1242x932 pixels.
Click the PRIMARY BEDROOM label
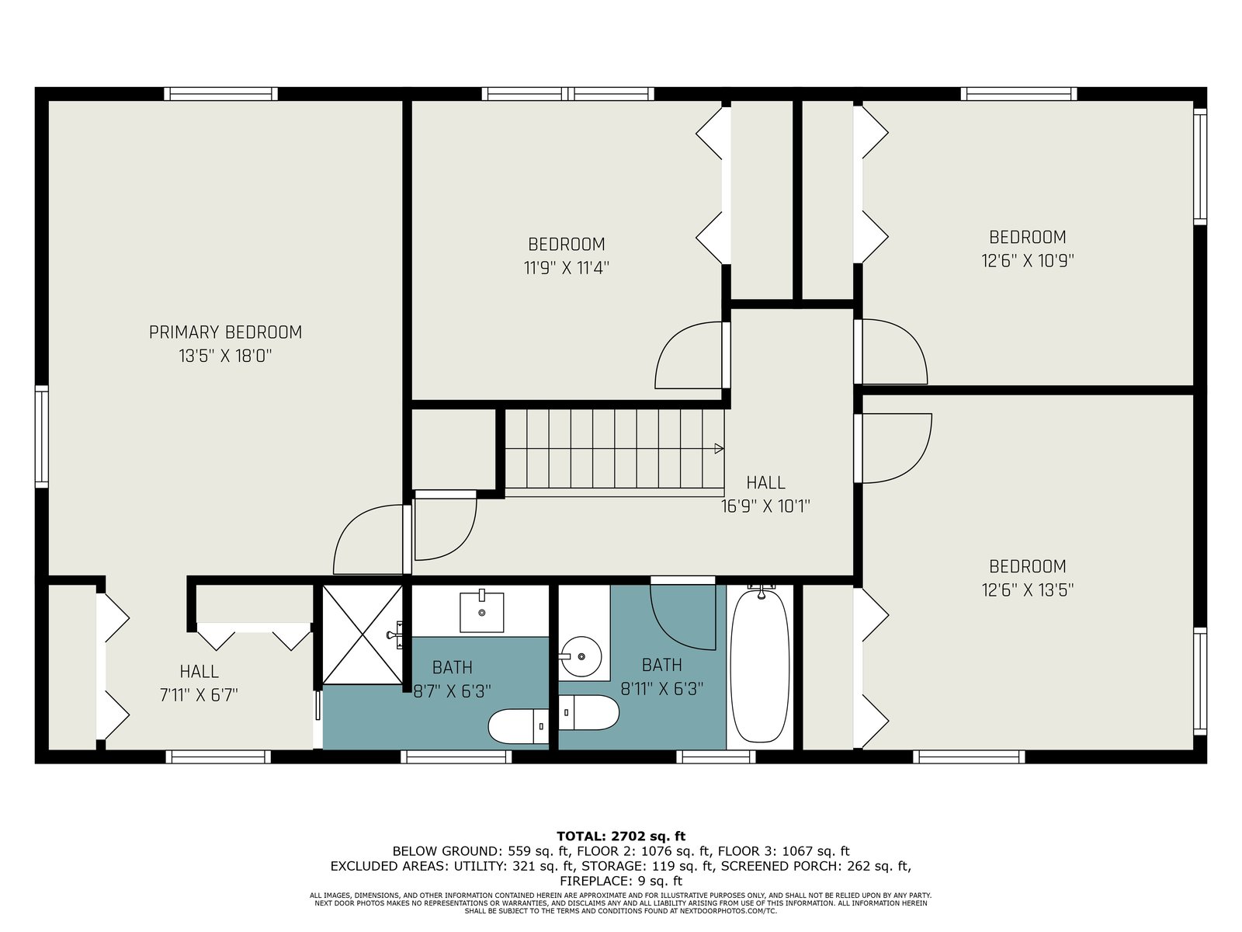coord(225,332)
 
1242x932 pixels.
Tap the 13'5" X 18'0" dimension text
coord(225,356)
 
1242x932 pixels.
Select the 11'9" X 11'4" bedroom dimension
coord(567,268)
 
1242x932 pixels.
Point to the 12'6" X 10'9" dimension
coord(1028,260)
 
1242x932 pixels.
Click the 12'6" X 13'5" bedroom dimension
coord(1028,590)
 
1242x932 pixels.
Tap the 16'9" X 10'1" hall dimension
coord(765,506)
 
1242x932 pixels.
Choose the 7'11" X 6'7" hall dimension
coord(199,695)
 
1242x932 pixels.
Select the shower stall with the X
coord(363,635)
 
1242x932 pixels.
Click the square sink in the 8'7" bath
coord(481,612)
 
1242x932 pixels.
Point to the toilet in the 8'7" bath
coord(519,727)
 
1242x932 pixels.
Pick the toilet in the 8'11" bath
coord(588,713)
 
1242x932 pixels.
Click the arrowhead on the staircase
coord(719,449)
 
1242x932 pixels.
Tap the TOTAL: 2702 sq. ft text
coord(621,836)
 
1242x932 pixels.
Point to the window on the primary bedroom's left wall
coord(41,436)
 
